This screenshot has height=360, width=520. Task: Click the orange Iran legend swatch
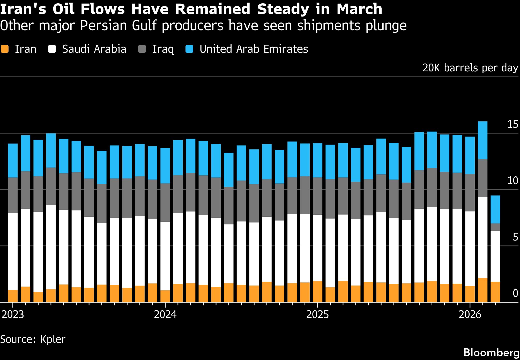pos(5,49)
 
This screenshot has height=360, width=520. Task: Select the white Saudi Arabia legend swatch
pos(52,49)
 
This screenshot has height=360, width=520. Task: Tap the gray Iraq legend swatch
pos(142,49)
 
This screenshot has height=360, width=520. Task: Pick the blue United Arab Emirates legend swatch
pos(189,49)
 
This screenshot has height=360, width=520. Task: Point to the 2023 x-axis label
pos(13,315)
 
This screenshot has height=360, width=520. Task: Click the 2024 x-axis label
pos(165,315)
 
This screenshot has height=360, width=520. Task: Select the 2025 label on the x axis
pos(317,315)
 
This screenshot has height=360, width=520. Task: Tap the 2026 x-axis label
pos(470,315)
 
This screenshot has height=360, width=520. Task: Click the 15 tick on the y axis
pos(512,125)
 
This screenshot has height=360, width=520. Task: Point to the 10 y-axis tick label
pos(512,181)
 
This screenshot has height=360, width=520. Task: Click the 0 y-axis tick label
pos(515,293)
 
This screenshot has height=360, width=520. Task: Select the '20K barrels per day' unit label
pos(470,68)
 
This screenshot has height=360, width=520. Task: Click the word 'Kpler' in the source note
pos(53,339)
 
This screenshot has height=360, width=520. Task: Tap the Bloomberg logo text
pos(491,352)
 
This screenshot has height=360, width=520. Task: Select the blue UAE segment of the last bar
pos(495,209)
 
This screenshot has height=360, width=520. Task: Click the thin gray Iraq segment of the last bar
pos(495,227)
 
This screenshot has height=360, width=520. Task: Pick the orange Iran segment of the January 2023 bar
pos(13,296)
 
